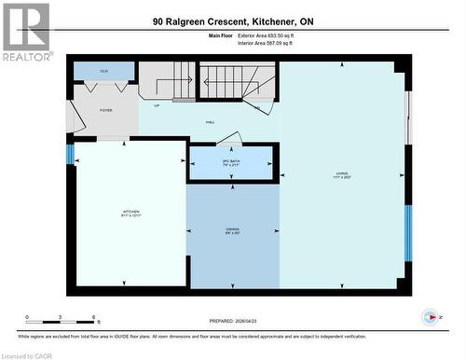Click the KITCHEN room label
pos(130,214)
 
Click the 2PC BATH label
pos(231,163)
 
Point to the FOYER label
pos(106,110)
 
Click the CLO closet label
pos(104,70)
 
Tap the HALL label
pos(211,122)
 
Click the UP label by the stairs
pos(157,105)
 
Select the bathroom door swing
pos(229,139)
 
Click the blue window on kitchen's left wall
pos(70,154)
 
